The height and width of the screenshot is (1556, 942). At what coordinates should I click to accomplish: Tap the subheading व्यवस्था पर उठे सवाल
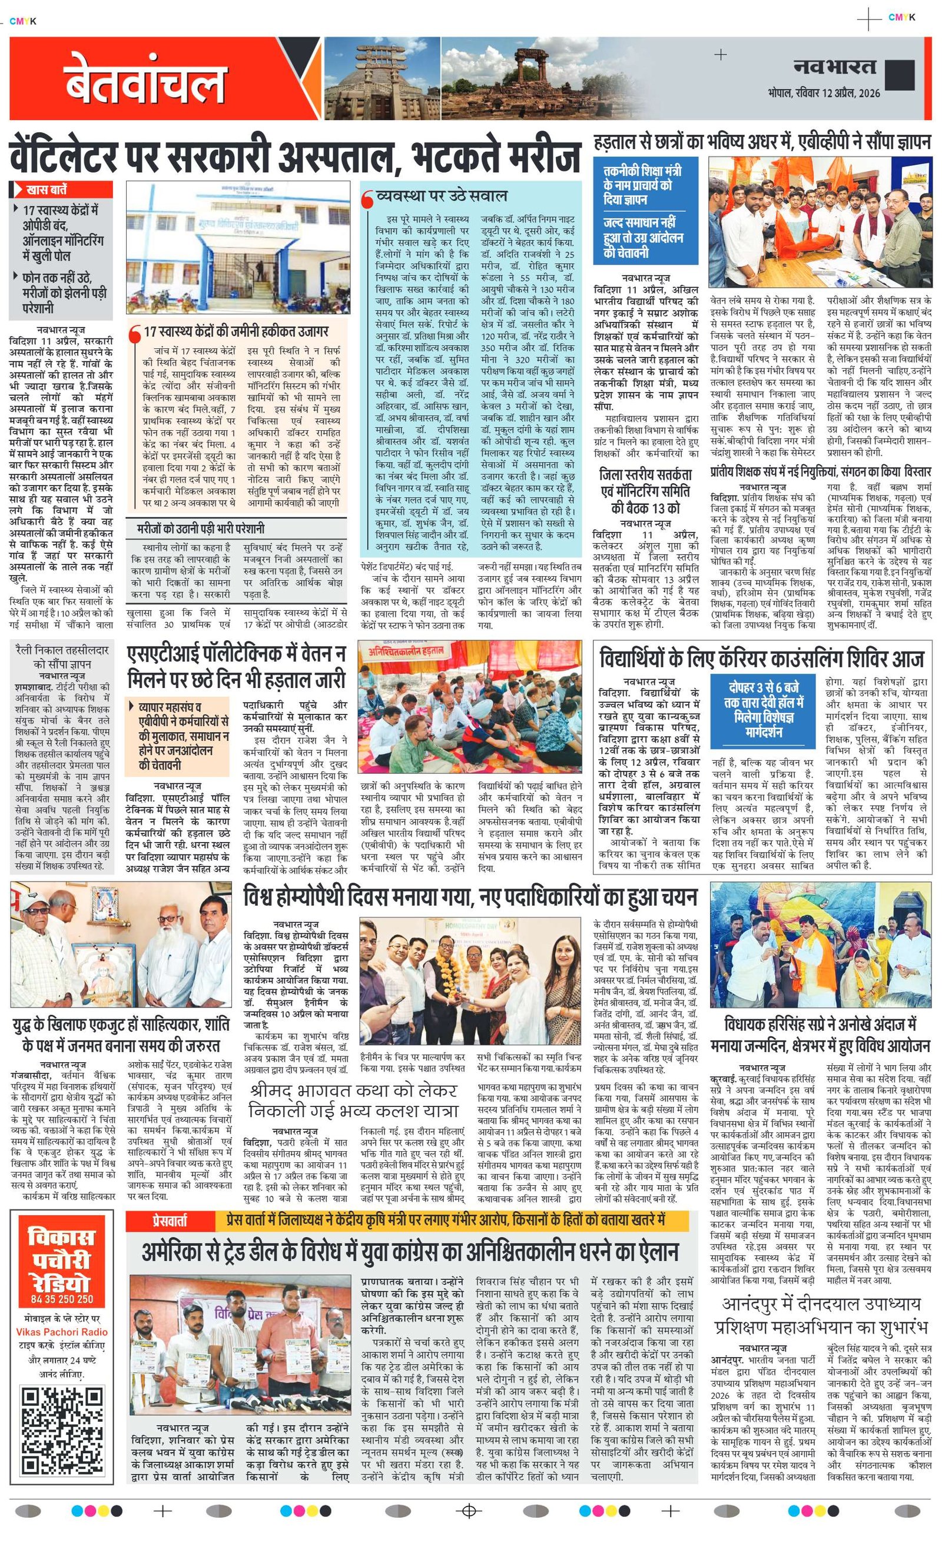[440, 196]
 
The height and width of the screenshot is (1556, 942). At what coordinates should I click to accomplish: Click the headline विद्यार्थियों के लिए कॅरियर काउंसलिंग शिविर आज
[761, 659]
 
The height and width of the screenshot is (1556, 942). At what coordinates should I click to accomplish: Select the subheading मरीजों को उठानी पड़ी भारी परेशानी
[201, 528]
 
